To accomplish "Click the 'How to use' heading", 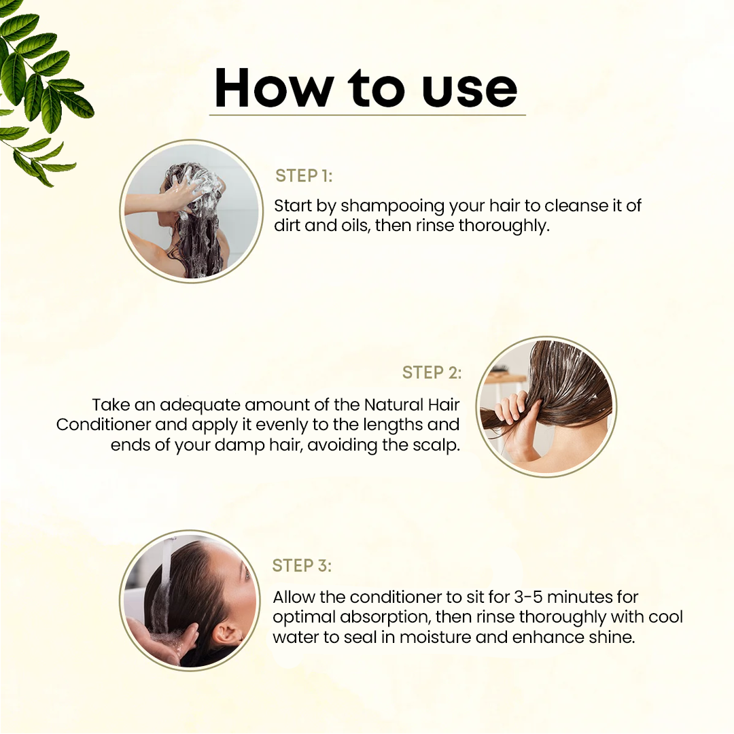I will (x=366, y=88).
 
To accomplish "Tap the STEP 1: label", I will (x=304, y=176).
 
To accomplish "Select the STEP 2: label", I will (x=432, y=372).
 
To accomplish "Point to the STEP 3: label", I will (x=302, y=565).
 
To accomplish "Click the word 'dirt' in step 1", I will (x=287, y=226).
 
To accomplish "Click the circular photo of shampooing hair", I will (x=191, y=211).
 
